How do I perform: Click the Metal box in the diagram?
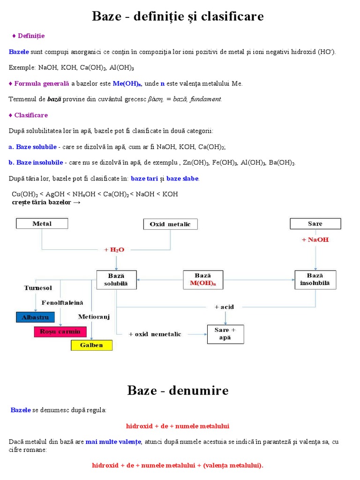pyautogui.click(x=42, y=224)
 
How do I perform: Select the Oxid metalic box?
pyautogui.click(x=170, y=224)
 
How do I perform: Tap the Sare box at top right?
pyautogui.click(x=315, y=224)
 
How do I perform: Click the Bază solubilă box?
pyautogui.click(x=116, y=279)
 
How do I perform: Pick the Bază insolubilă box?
pyautogui.click(x=315, y=279)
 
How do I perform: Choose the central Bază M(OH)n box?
pyautogui.click(x=203, y=279)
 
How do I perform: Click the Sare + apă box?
pyautogui.click(x=225, y=334)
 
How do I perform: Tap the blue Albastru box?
pyautogui.click(x=35, y=317)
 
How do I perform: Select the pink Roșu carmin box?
pyautogui.click(x=60, y=331)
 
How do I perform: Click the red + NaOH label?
pyautogui.click(x=315, y=240)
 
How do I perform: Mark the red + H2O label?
pyautogui.click(x=114, y=250)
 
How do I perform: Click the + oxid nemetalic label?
pyautogui.click(x=155, y=334)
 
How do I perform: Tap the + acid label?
pyautogui.click(x=224, y=307)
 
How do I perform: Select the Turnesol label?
pyautogui.click(x=38, y=288)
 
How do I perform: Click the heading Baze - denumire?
pyautogui.click(x=178, y=390)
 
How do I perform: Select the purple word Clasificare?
pyautogui.click(x=31, y=115)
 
